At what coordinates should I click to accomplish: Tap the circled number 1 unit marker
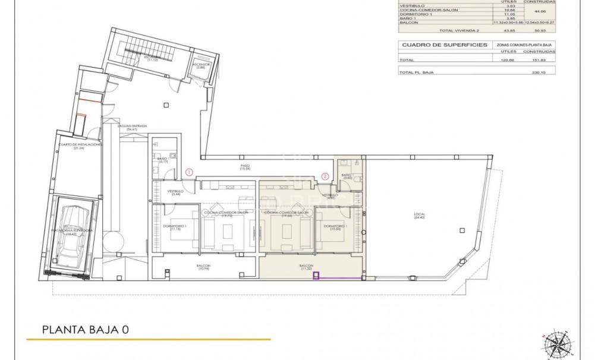tap(188, 172)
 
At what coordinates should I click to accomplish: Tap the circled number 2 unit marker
tap(325, 176)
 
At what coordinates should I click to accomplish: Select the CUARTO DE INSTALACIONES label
tap(79, 146)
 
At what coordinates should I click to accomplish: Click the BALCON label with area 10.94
tap(203, 267)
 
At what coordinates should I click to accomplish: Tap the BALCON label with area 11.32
tap(307, 267)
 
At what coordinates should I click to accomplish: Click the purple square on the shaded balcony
tap(317, 275)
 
